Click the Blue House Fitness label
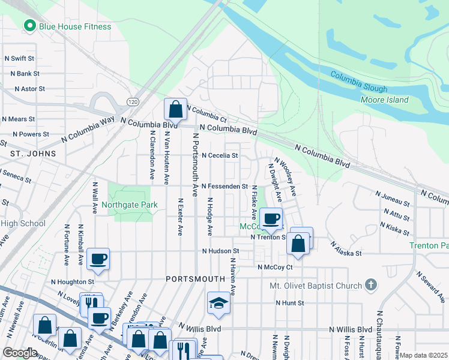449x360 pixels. click(x=75, y=26)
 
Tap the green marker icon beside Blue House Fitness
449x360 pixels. click(x=28, y=26)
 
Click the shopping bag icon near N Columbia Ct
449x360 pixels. click(x=175, y=109)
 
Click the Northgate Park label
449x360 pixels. click(x=129, y=205)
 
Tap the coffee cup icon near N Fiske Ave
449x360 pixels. click(x=271, y=218)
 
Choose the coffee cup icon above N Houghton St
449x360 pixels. click(x=98, y=259)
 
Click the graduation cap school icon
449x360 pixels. click(x=218, y=304)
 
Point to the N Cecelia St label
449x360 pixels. click(x=220, y=155)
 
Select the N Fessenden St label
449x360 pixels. click(x=224, y=187)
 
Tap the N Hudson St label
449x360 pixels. click(x=220, y=251)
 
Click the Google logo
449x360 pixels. click(x=20, y=353)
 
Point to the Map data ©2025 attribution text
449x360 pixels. click(x=423, y=355)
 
